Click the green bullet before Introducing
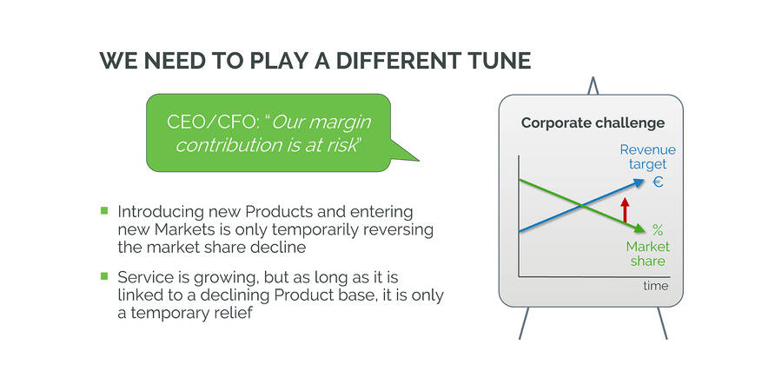pos(104,210)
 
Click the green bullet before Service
pos(104,275)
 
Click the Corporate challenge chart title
pos(593,123)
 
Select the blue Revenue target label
pos(648,156)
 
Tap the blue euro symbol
pos(658,182)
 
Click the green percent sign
pos(658,230)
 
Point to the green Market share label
pos(648,254)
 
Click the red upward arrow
pos(625,210)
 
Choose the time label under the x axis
pos(655,286)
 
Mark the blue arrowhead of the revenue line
pos(639,183)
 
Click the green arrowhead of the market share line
pos(639,229)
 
